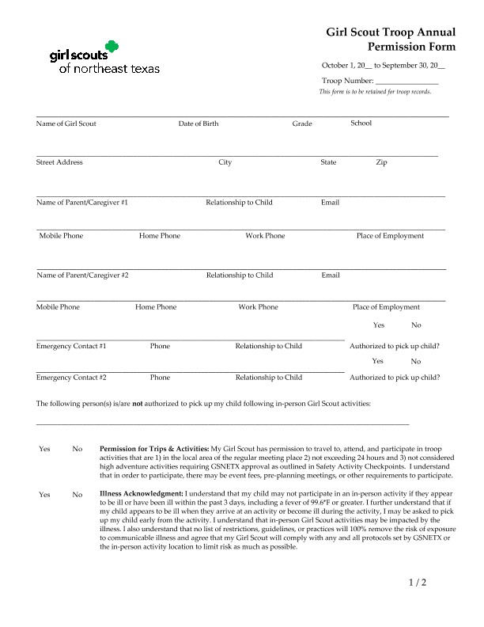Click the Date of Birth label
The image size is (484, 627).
click(x=199, y=123)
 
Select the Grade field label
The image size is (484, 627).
click(x=302, y=123)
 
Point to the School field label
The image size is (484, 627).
click(x=361, y=123)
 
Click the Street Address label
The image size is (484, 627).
click(x=59, y=162)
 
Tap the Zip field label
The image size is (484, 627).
click(x=381, y=162)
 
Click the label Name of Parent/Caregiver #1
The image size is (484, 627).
click(x=82, y=203)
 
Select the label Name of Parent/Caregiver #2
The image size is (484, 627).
click(x=82, y=275)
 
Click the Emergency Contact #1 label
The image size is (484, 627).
click(x=71, y=346)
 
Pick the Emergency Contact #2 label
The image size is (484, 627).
click(x=71, y=378)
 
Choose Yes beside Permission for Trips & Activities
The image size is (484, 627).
click(x=44, y=449)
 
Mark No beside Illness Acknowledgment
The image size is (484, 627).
click(x=78, y=495)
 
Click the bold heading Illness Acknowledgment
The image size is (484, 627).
click(x=142, y=494)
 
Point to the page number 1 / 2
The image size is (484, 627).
click(x=417, y=583)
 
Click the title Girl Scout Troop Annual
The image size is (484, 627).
click(x=391, y=32)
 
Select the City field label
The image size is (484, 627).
click(x=225, y=162)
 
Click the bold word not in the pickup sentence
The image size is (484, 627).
click(x=137, y=404)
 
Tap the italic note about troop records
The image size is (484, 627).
click(x=375, y=92)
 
